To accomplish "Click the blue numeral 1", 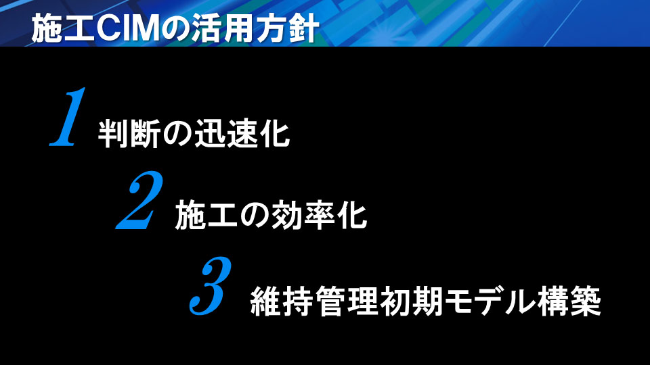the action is point(68,117).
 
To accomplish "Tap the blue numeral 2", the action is point(140,200).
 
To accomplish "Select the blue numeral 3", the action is point(211,285).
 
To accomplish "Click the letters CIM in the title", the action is point(128,28).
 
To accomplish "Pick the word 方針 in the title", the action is point(288,28).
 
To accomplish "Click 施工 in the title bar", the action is point(64,28).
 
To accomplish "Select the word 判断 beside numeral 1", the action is point(129,133).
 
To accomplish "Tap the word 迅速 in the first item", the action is point(226,133).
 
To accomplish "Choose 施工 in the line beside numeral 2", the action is point(207,215).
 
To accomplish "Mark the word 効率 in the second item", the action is point(303,215).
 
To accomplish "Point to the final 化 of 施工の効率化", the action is point(352,215).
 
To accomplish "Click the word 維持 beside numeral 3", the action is point(282,301).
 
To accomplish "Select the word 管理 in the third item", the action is point(347,301).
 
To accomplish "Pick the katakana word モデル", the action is point(490,301).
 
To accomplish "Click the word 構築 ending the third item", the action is point(569,301).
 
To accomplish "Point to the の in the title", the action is point(175,29).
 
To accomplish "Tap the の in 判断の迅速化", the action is point(177,134).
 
